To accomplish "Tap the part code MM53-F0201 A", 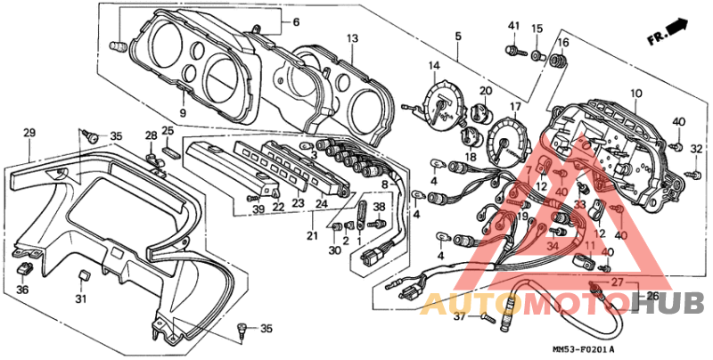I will coord(584,348).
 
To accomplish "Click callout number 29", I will coord(29,134).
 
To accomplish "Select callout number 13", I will coord(352,38).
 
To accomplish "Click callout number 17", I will coord(514,107).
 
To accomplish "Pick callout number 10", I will coord(636,94).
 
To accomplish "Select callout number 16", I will coord(562,42).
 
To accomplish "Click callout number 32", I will coord(696,149).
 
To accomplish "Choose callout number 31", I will coord(81,299).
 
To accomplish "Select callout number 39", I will coord(258,209).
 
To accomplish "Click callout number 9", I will coord(182,114).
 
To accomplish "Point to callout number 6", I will coord(296,21).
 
